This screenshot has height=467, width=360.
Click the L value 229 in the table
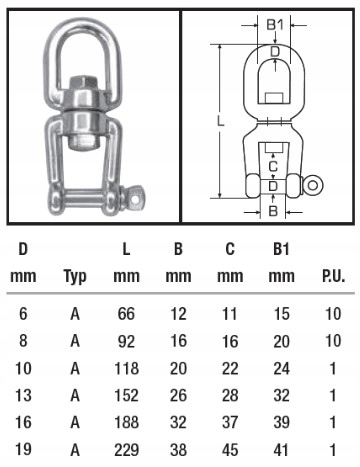tap(126, 450)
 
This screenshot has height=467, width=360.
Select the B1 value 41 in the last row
tap(282, 450)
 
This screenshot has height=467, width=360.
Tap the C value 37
tap(230, 423)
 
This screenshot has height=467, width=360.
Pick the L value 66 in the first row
tap(126, 314)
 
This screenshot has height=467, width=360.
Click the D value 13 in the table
tap(23, 395)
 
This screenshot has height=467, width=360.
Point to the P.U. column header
tap(333, 276)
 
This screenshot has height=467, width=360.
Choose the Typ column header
tap(75, 277)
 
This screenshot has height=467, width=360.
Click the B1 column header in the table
tap(281, 249)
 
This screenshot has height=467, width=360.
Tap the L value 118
tap(126, 368)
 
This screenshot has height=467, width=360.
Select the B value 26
tap(178, 395)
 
